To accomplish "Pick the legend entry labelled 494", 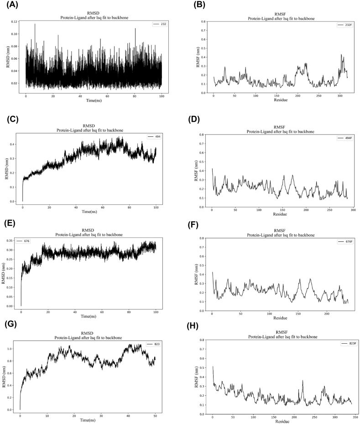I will coord(153,136).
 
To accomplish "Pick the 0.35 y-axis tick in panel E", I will coord(13,239).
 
